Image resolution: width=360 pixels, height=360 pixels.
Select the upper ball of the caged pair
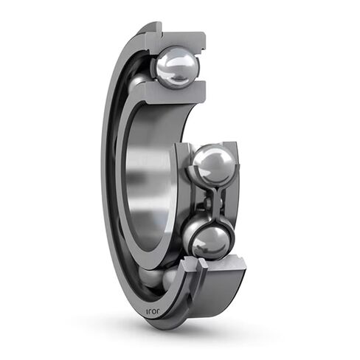[x=213, y=165]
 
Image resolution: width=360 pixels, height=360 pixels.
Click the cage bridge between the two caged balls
[x=212, y=201]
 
